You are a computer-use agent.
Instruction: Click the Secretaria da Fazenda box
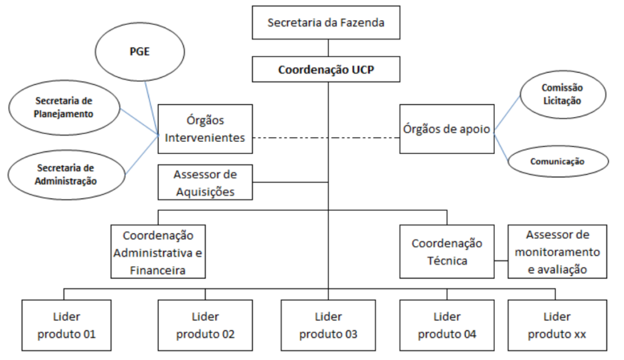pos(326,23)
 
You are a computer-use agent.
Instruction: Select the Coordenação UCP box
pos(326,69)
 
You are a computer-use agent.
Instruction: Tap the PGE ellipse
pos(140,52)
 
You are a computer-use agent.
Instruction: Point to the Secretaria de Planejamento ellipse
pos(64,108)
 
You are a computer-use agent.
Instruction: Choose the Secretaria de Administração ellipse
pos(66,175)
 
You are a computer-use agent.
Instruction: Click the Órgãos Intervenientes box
pos(205,129)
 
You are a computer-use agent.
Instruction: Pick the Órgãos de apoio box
pos(447,129)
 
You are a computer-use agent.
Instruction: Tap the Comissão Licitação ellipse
pos(562,94)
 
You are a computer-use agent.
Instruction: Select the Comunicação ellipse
pos(558,161)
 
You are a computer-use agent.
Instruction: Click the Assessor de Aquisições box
pos(205,182)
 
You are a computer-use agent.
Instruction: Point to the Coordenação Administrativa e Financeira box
pos(158,252)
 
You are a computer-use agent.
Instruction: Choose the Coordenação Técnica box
pos(447,252)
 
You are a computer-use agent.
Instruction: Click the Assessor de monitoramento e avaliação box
pos(557,252)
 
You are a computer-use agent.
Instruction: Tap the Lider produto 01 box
pos(66,325)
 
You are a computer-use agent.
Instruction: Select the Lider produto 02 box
pos(205,325)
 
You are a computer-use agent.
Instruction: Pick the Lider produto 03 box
pos(328,325)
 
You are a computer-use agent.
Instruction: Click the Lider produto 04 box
pos(447,325)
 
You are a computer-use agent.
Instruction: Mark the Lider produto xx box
pos(557,325)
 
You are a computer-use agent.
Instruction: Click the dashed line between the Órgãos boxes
pos(327,138)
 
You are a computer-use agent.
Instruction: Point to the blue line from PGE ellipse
pos(151,108)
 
